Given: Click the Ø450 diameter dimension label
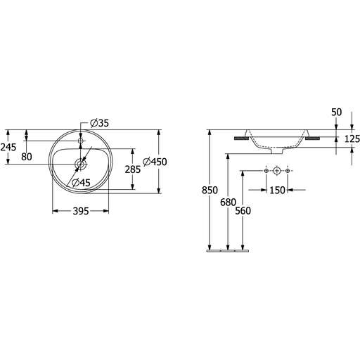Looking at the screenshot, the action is pyautogui.click(x=155, y=162).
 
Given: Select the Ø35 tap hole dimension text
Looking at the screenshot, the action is pyautogui.click(x=100, y=123).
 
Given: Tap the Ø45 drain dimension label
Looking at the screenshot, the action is pyautogui.click(x=81, y=183).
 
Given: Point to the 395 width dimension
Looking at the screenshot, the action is pyautogui.click(x=81, y=211).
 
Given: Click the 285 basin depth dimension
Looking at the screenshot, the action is pyautogui.click(x=133, y=169).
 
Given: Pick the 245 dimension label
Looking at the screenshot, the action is pyautogui.click(x=8, y=147).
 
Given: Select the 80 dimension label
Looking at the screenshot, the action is pyautogui.click(x=27, y=157).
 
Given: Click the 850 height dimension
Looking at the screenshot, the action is pyautogui.click(x=210, y=190).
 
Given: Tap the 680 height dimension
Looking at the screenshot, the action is pyautogui.click(x=228, y=202).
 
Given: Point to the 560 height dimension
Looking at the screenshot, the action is pyautogui.click(x=243, y=211).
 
